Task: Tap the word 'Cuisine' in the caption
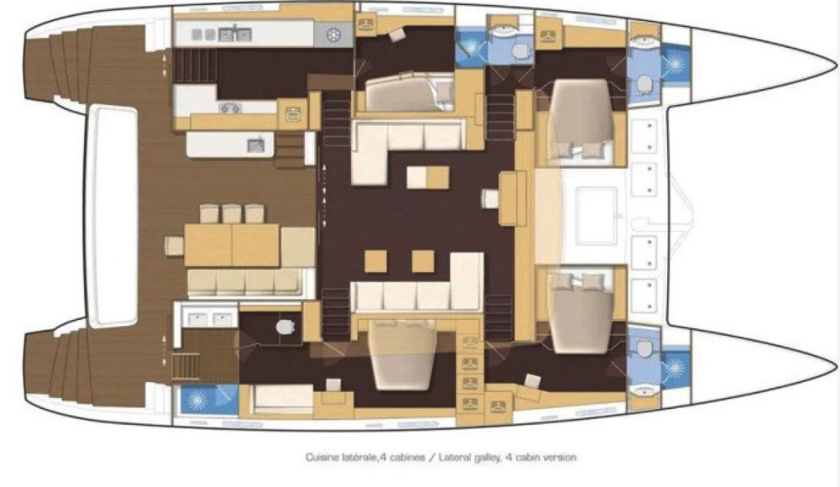[323, 458]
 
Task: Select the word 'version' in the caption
[559, 458]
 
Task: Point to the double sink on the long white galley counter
[234, 35]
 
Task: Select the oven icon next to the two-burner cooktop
[293, 114]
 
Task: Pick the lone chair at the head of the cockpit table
[174, 246]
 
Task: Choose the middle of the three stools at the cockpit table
[231, 214]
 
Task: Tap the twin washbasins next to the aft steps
[210, 319]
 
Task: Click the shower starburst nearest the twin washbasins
[198, 400]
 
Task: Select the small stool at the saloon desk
[490, 199]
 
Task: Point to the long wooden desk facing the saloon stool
[512, 199]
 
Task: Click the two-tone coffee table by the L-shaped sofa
[427, 178]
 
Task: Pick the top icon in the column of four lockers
[470, 342]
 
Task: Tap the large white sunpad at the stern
[113, 216]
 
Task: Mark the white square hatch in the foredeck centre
[596, 216]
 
